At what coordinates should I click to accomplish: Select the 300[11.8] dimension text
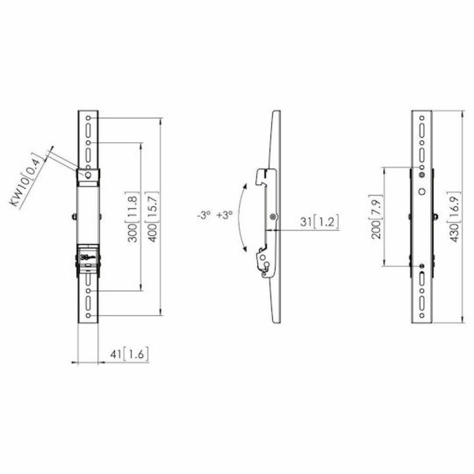click(132, 217)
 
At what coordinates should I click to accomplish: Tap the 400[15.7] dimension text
click(152, 217)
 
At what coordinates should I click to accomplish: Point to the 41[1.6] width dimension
click(129, 354)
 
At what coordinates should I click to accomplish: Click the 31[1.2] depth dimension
click(319, 222)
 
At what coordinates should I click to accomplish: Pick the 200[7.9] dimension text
click(376, 216)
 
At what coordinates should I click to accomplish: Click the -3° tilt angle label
click(203, 215)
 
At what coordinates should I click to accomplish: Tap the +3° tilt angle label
click(225, 215)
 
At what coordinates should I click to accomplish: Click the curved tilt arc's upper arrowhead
click(245, 185)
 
